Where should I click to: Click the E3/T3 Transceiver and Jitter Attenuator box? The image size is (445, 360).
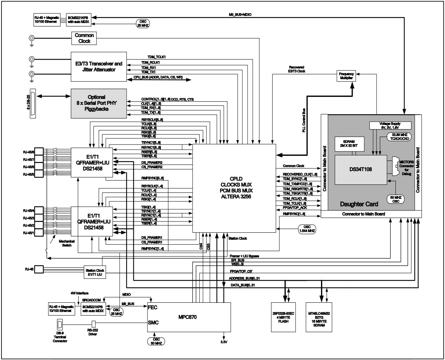[x=99, y=67]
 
